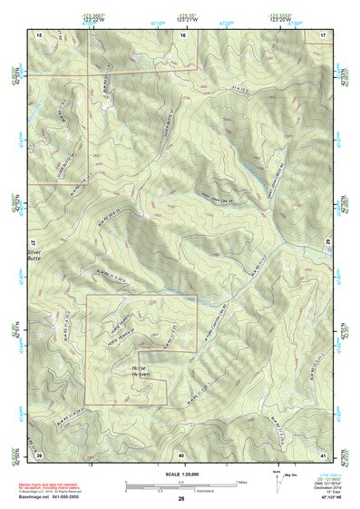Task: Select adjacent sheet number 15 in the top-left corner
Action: coord(39,34)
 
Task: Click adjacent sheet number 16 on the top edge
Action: coord(182,34)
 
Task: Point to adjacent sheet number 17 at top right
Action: coord(324,34)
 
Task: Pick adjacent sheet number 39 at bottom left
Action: coord(39,454)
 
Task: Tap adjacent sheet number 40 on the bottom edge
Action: coord(181,454)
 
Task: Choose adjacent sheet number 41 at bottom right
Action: coord(324,454)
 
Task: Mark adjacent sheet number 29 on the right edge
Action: coord(328,243)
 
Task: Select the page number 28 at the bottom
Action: coord(181,499)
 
